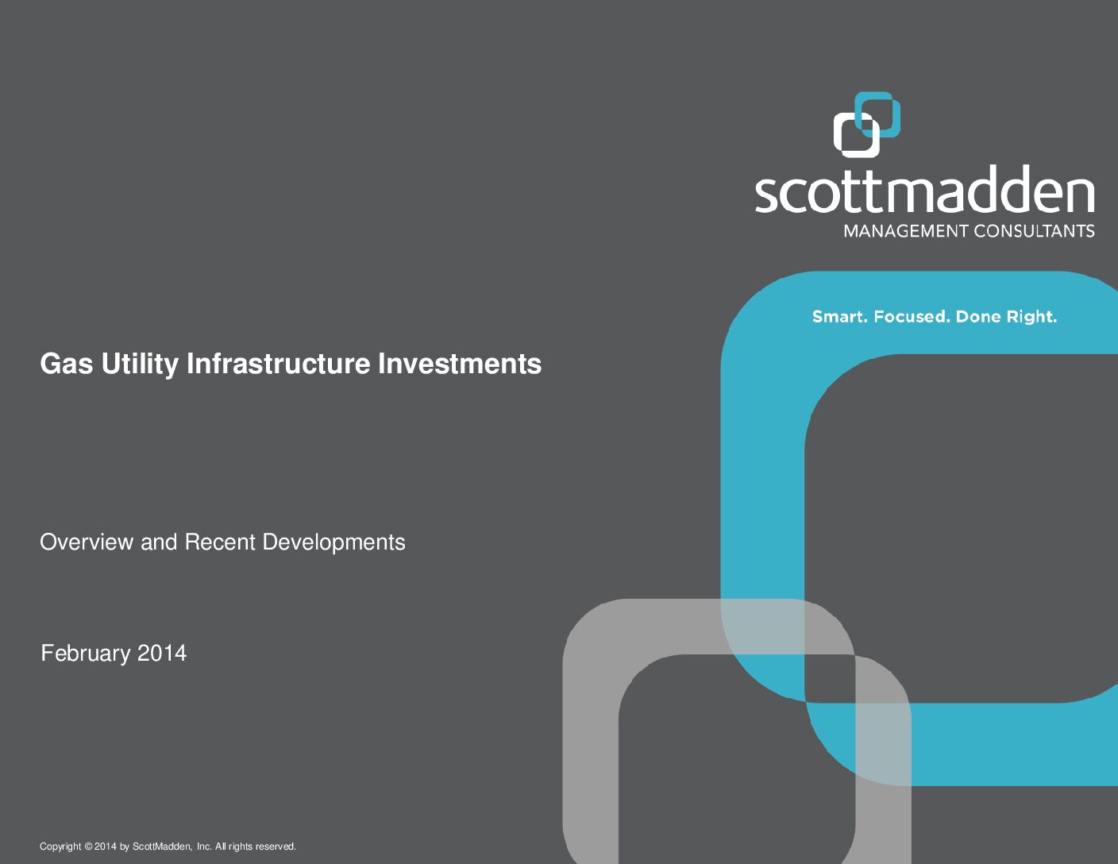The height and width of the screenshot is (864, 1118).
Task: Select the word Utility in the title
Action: point(140,364)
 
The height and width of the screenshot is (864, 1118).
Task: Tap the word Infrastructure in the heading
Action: point(279,364)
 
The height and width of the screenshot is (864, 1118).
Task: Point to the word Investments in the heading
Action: point(460,364)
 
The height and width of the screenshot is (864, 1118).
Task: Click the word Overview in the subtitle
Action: point(87,542)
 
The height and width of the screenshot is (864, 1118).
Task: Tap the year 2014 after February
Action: point(162,653)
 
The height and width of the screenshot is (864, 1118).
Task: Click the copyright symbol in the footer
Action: point(88,846)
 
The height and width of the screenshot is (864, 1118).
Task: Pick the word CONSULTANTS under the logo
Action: point(1034,231)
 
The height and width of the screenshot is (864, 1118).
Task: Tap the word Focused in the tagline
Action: point(912,317)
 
